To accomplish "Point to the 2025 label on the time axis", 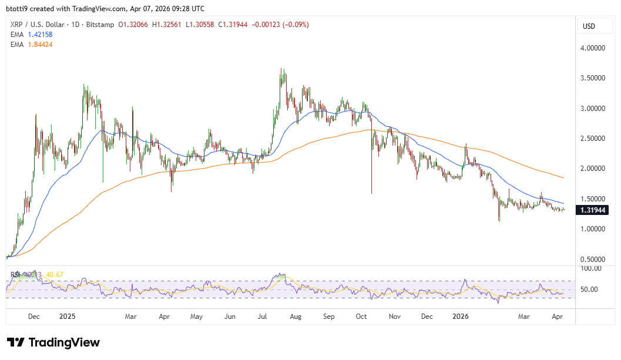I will [x=68, y=317].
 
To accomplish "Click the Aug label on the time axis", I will [x=296, y=317].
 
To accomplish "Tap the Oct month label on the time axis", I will [x=361, y=317].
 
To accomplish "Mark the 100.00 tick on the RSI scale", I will [x=589, y=268].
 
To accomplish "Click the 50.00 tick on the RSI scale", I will [x=589, y=289].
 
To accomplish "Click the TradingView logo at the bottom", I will [x=53, y=342].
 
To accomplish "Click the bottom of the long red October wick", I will [x=371, y=193].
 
